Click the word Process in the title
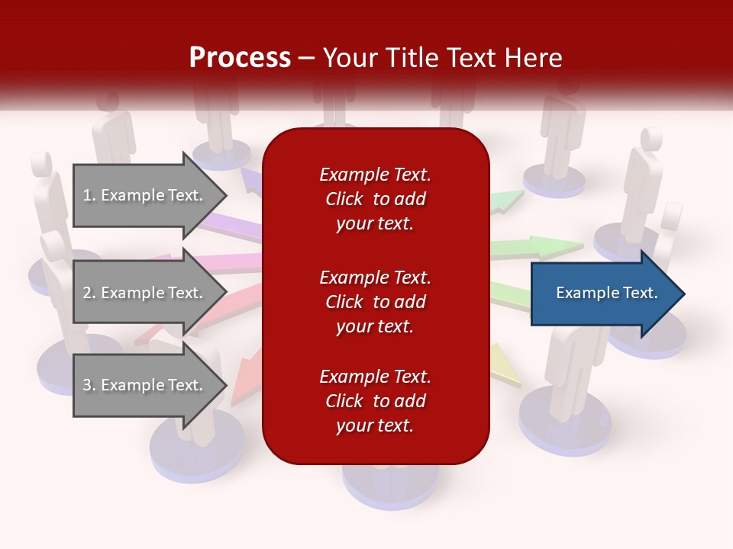240,58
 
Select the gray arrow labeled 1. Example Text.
145,195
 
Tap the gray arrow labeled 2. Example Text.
145,293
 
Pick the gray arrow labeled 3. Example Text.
145,385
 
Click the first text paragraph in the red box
375,199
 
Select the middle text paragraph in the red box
375,302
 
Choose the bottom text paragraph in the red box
375,401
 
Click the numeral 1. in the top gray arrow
89,195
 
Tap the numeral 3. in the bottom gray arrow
89,385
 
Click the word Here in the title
534,58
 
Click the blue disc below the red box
390,480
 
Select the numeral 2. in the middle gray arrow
89,293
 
